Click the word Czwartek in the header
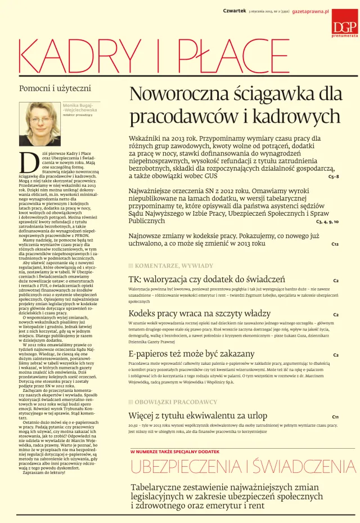click(x=235, y=11)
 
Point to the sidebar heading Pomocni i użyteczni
click(x=55, y=88)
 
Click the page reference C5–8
click(x=333, y=176)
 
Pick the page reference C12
click(x=335, y=244)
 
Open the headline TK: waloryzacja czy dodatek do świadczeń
click(x=207, y=279)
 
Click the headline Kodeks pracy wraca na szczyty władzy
click(x=192, y=314)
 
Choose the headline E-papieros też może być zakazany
click(x=184, y=354)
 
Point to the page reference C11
click(x=335, y=417)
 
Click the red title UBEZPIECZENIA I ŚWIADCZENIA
click(x=243, y=467)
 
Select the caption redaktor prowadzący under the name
click(x=78, y=115)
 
